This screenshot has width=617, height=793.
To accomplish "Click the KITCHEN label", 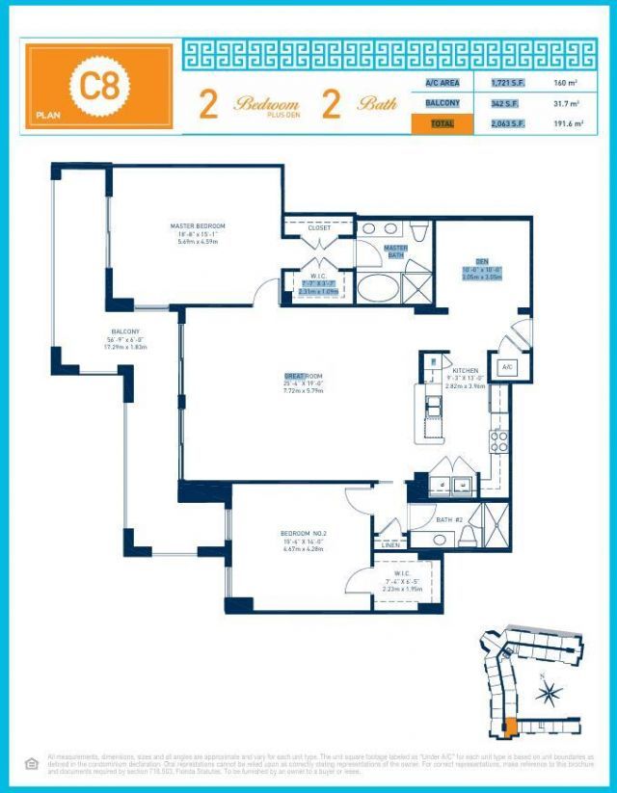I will click(466, 370).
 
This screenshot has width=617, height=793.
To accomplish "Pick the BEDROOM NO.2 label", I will click(298, 534).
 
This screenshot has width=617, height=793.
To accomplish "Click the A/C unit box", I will click(506, 367).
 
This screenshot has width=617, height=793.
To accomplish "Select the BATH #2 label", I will click(450, 520).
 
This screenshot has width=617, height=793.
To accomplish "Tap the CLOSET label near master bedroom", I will click(319, 227).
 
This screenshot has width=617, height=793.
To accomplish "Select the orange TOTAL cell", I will click(443, 123).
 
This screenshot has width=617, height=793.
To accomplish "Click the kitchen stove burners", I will click(499, 441).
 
